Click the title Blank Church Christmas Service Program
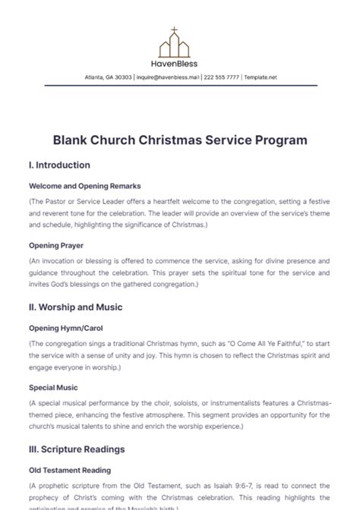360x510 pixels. (180, 140)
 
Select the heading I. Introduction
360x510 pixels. (59, 165)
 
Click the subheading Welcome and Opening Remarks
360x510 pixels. (84, 185)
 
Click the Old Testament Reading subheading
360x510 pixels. (70, 470)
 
